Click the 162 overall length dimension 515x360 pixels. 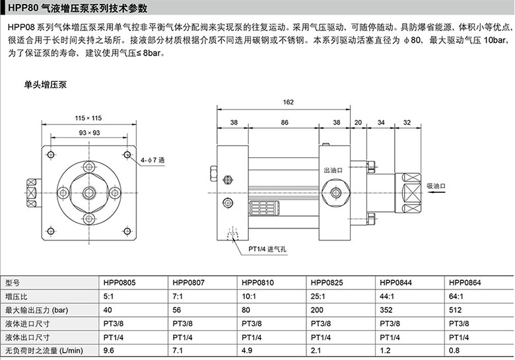click(288, 102)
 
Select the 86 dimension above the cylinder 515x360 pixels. click(285, 122)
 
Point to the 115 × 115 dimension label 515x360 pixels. click(88, 118)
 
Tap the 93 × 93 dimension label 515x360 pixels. click(89, 133)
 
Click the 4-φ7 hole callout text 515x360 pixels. click(153, 161)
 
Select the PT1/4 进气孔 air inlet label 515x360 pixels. click(267, 249)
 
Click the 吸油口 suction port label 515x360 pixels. click(436, 186)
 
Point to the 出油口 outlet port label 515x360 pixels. click(333, 170)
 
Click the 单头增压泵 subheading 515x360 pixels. click(46, 85)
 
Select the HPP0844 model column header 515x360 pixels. click(395, 283)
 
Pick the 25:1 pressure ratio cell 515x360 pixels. click(318, 297)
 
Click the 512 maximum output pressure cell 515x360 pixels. click(455, 310)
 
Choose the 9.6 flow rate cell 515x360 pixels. click(109, 351)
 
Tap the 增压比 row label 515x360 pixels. click(16, 297)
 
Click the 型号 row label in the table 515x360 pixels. click(13, 283)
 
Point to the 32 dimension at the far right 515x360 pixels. click(407, 122)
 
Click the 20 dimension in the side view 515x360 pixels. click(358, 122)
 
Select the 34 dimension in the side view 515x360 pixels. click(381, 122)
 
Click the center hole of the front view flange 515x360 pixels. click(89, 192)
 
